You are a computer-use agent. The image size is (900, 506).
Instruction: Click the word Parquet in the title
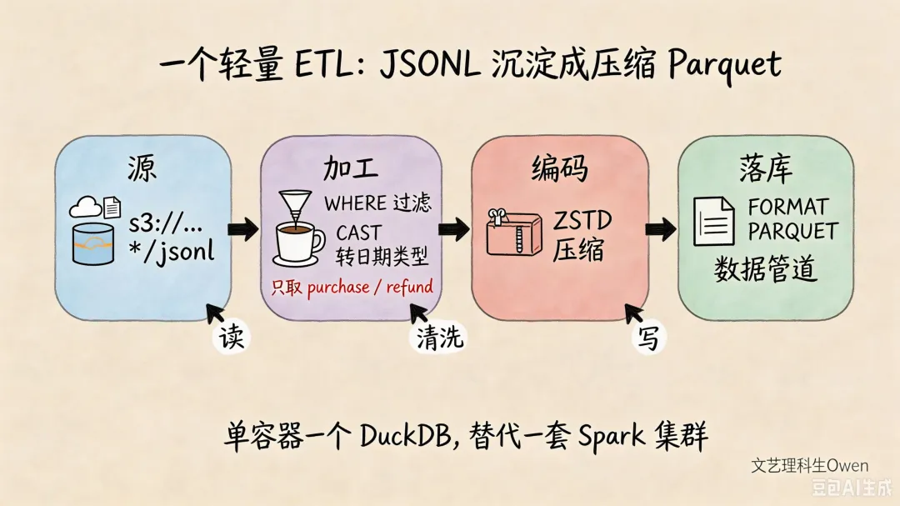(724, 64)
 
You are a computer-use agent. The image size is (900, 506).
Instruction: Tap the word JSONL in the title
(430, 64)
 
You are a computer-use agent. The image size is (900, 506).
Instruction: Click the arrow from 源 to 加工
(242, 229)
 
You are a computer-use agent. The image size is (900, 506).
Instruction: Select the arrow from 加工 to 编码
(453, 229)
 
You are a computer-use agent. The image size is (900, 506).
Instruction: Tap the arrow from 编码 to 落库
(660, 229)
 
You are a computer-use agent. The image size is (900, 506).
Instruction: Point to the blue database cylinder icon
(93, 245)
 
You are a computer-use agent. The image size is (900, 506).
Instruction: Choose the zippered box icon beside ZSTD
(513, 232)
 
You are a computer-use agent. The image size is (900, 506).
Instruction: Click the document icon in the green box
(713, 221)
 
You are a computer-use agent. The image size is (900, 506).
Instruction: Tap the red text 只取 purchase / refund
(352, 287)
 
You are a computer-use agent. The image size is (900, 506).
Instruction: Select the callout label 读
(232, 337)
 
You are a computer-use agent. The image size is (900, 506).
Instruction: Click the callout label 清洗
(439, 337)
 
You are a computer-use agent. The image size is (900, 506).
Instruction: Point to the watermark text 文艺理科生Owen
(810, 465)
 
